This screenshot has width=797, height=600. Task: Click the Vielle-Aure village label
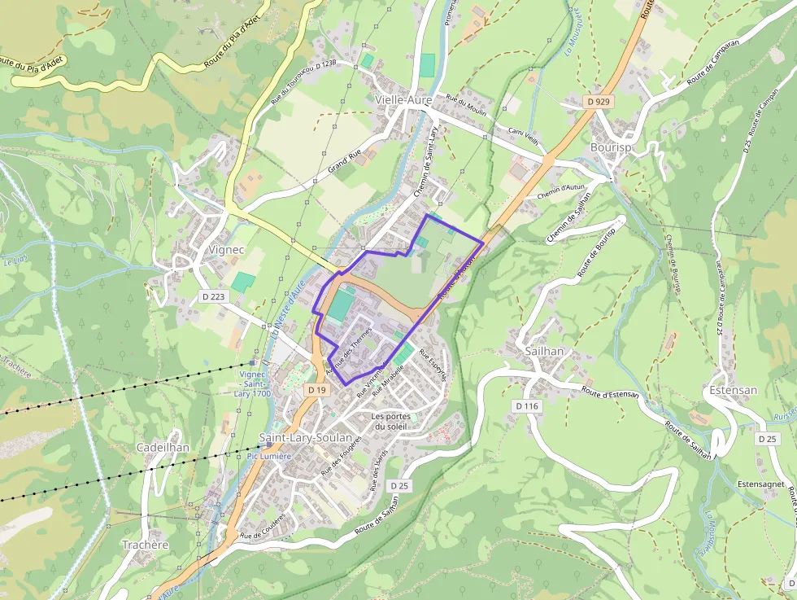403,99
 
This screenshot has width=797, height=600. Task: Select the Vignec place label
226,249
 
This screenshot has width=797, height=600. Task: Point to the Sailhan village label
545,351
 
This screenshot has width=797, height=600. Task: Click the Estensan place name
733,390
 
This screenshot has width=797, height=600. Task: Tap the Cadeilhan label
163,448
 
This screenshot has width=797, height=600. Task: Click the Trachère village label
145,545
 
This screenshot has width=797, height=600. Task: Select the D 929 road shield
597,102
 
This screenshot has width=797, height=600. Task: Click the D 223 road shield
212,297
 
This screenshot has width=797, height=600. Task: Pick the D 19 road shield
316,391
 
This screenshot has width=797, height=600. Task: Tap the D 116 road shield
526,405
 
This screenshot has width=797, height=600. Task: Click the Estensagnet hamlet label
760,484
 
